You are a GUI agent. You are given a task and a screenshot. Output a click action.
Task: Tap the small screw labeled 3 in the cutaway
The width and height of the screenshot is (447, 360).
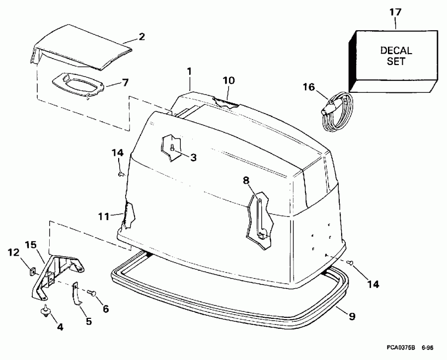(171, 147)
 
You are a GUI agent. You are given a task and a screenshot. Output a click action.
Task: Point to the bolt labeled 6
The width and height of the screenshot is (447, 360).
(92, 294)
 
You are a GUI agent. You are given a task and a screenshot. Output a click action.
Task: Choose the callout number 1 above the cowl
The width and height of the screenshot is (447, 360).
(189, 71)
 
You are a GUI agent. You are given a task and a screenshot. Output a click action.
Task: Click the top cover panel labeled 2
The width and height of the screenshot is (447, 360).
(79, 50)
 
